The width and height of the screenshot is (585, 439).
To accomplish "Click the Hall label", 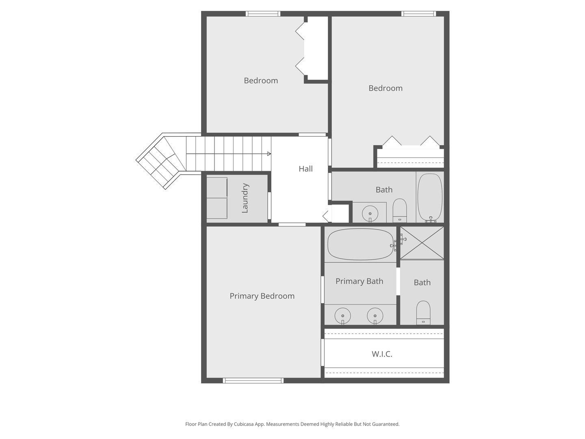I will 305,169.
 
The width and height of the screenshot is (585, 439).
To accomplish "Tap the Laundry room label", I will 245,198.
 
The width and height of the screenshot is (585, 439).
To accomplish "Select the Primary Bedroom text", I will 262,296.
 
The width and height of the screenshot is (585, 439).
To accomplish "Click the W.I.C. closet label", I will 382,354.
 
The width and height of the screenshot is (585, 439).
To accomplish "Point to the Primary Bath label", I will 359,281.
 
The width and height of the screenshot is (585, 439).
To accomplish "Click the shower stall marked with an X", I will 422,243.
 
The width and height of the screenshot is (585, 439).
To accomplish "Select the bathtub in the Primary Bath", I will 360,244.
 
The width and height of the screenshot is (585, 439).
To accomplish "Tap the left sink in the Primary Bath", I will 342,315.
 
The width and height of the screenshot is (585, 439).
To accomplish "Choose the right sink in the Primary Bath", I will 375,315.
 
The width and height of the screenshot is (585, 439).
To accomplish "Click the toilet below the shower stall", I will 423,312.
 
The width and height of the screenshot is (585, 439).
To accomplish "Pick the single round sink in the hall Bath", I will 370,213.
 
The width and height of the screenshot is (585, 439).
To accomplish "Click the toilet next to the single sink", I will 400,210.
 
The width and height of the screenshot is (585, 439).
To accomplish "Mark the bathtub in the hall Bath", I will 430,198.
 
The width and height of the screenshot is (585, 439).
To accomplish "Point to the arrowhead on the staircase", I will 269,154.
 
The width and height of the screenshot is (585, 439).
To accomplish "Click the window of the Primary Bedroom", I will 253,380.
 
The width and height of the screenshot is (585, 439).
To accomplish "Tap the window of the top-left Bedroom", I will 263,14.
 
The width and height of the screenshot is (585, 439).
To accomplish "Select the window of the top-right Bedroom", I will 418,14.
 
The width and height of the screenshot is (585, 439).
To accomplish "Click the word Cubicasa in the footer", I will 244,424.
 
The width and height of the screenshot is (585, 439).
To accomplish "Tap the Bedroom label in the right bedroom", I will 385,88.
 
